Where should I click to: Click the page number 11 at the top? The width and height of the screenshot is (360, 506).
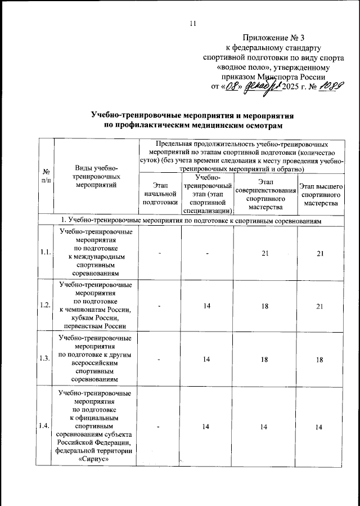(x=193, y=23)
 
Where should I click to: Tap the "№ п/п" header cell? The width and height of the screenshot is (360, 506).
(x=44, y=175)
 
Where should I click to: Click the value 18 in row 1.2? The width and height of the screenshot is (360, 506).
(x=265, y=305)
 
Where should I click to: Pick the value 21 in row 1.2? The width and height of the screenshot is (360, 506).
(x=320, y=305)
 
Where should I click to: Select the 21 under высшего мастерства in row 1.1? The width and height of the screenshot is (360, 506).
(x=320, y=254)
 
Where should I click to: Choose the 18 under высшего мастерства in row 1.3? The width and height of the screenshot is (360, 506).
(x=320, y=359)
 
